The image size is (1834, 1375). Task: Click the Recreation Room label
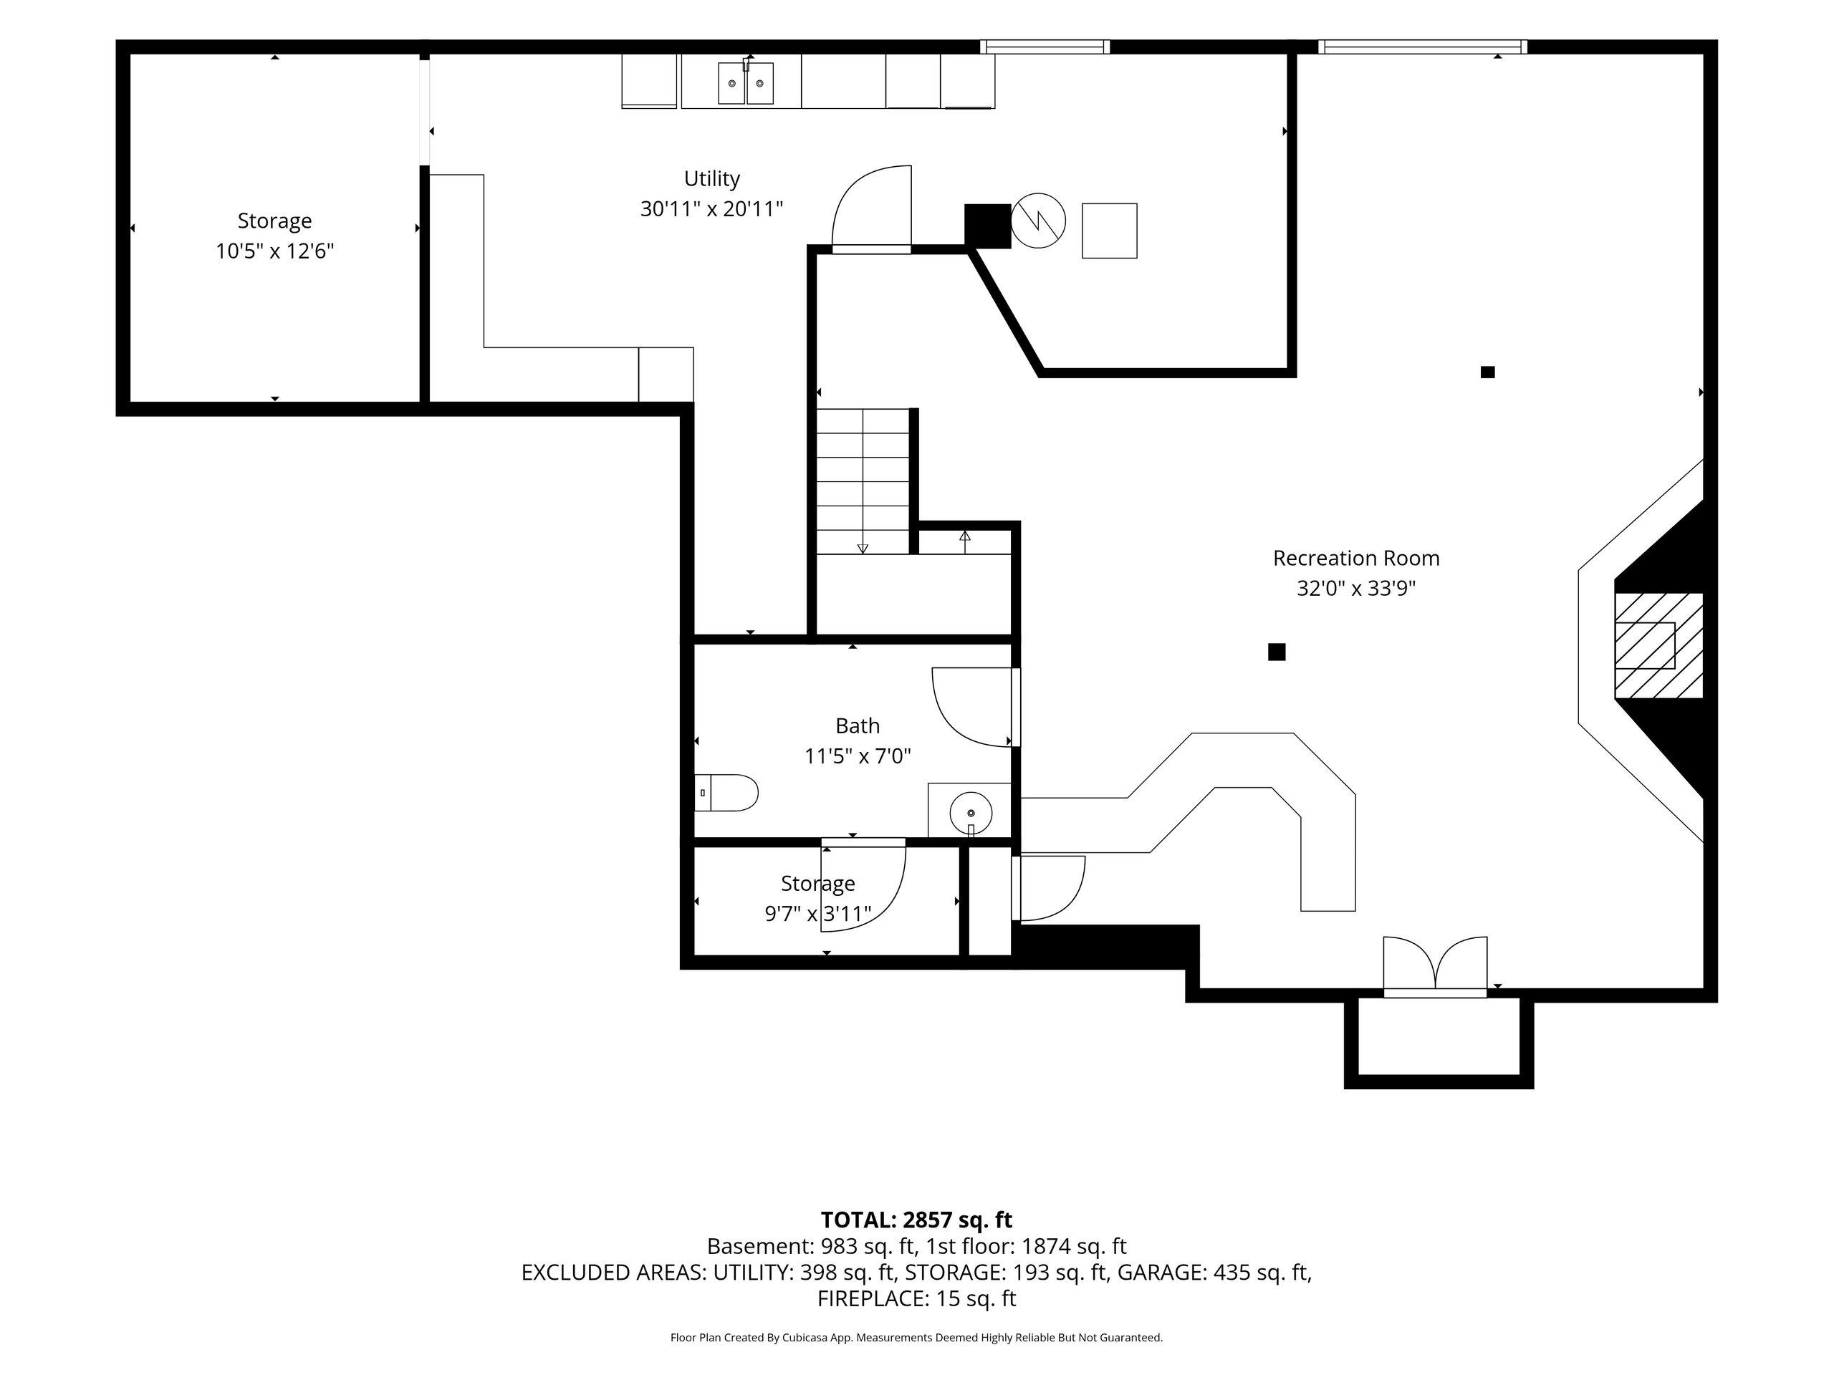(x=1355, y=559)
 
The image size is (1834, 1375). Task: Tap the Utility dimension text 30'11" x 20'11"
(x=711, y=209)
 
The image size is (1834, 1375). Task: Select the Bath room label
(x=858, y=726)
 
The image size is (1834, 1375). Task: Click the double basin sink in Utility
(x=745, y=83)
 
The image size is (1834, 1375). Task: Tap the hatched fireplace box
(x=1658, y=646)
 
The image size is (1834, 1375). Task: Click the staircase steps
(x=863, y=481)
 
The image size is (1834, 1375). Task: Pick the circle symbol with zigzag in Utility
(x=1038, y=221)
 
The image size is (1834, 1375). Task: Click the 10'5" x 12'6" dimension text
(x=274, y=251)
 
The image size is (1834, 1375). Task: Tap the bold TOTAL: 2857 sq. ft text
(x=916, y=1220)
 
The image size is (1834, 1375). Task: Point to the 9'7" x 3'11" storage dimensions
(x=817, y=915)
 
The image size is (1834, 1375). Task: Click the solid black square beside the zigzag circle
(x=987, y=226)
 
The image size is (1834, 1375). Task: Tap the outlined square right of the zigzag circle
(x=1109, y=231)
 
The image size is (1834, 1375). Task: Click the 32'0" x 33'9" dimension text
(x=1355, y=589)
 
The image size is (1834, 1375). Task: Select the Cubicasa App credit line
(x=916, y=1337)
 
